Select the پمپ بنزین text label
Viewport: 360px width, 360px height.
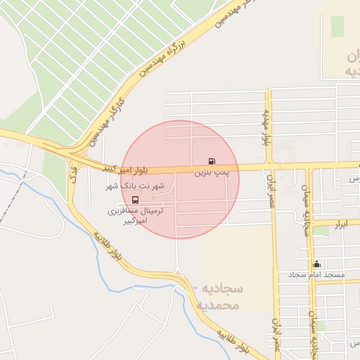(x=212, y=171)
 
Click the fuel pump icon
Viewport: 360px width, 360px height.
(x=212, y=160)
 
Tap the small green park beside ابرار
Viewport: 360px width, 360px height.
(x=321, y=230)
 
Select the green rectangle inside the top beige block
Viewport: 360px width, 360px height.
(x=337, y=26)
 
